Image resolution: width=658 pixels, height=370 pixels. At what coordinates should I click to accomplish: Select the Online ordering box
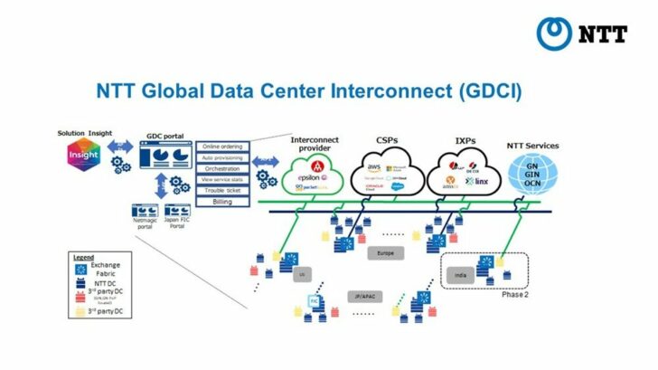[222, 146]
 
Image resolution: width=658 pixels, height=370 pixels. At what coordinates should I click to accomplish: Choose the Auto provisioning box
[222, 157]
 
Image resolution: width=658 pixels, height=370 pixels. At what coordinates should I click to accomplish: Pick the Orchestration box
[222, 167]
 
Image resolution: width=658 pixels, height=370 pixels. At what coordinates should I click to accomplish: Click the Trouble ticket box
[222, 189]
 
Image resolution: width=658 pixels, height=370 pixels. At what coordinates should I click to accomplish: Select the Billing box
[222, 201]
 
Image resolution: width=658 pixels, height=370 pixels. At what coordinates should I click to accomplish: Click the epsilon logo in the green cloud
[309, 178]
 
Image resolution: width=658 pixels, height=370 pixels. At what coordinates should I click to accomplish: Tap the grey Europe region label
[384, 253]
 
